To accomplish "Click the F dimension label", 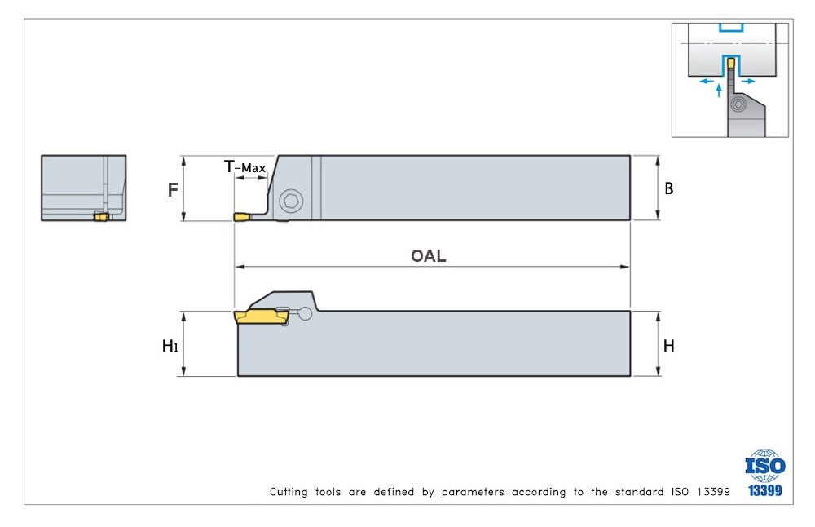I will click(173, 190).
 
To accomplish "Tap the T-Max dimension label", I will click(245, 168).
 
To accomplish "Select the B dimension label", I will click(669, 188).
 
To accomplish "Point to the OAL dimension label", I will click(429, 255).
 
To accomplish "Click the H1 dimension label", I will click(170, 346).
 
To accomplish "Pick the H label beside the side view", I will click(669, 346).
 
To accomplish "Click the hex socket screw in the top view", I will click(289, 201).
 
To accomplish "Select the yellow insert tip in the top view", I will click(243, 217).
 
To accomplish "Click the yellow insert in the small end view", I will click(101, 216).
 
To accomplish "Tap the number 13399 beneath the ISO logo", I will click(765, 491).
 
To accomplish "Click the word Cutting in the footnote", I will click(289, 492).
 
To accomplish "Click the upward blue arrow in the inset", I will click(718, 90).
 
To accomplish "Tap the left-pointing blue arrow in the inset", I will click(706, 81).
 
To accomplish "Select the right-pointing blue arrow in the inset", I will click(748, 81).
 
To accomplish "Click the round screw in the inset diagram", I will click(738, 105).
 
